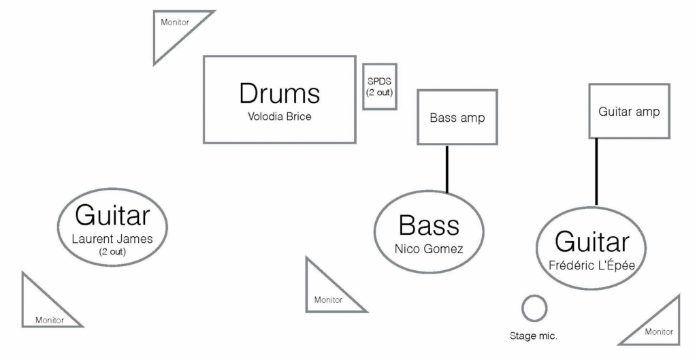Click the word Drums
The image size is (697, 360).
pyautogui.click(x=279, y=93)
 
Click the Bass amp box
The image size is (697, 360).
pyautogui.click(x=457, y=117)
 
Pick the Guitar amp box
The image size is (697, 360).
pyautogui.click(x=628, y=111)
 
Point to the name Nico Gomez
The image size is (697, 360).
pyautogui.click(x=428, y=249)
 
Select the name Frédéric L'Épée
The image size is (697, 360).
pyautogui.click(x=591, y=265)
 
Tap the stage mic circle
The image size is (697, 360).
pyautogui.click(x=534, y=308)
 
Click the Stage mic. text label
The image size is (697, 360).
pyautogui.click(x=534, y=336)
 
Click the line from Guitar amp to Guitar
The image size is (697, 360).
pyautogui.click(x=597, y=171)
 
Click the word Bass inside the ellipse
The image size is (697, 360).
pyautogui.click(x=429, y=225)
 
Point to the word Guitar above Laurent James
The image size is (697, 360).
pyautogui.click(x=112, y=216)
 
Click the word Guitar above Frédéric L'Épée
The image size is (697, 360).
pyautogui.click(x=591, y=242)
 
